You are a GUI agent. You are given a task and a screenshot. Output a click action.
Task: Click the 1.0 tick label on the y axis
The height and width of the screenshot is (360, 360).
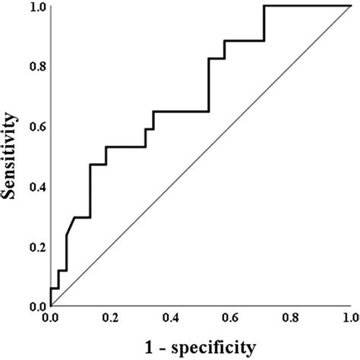pyautogui.click(x=36, y=8)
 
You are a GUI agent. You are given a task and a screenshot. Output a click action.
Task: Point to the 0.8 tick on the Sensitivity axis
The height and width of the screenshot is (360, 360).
pyautogui.click(x=36, y=67)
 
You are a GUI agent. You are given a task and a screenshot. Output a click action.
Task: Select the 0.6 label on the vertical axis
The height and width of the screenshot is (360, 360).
pyautogui.click(x=36, y=127)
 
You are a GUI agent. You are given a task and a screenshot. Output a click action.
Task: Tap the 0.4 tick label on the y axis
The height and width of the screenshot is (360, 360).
pyautogui.click(x=36, y=187)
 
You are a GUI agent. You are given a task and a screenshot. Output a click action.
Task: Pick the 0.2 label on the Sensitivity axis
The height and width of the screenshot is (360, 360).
pyautogui.click(x=36, y=247)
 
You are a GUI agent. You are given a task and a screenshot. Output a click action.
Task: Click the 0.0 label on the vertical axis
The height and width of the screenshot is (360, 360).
pyautogui.click(x=36, y=307)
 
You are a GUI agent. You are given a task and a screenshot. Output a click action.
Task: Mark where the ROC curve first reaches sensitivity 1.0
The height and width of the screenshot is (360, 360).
pyautogui.click(x=264, y=7)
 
